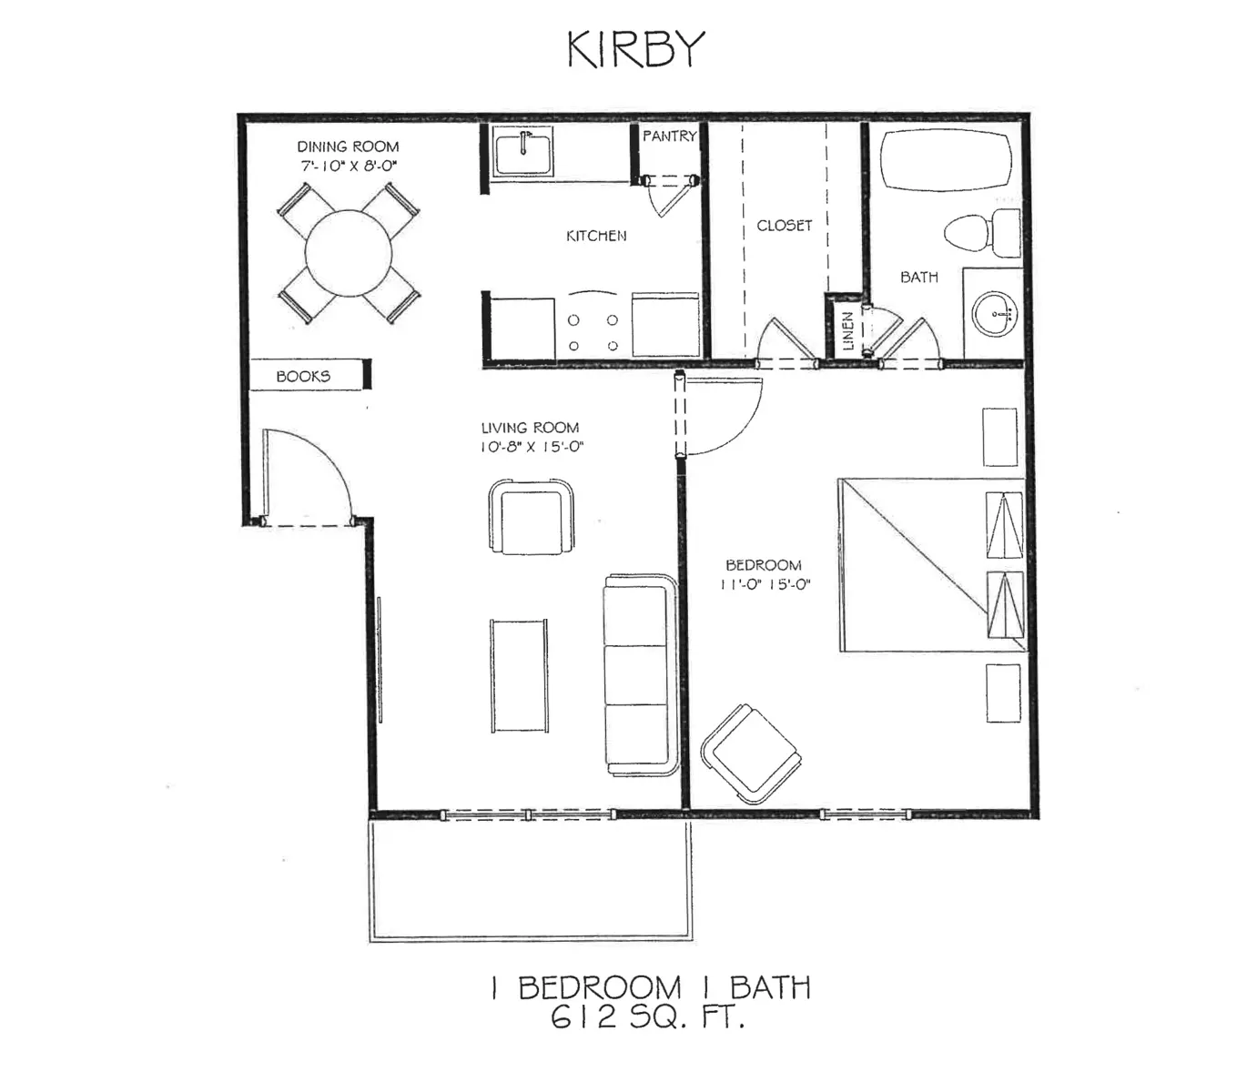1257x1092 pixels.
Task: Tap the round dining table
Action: (349, 253)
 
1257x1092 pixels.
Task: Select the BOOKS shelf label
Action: (303, 376)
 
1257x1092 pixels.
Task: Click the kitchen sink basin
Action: (523, 150)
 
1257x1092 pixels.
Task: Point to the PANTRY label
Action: (669, 136)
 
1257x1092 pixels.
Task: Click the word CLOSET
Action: (784, 225)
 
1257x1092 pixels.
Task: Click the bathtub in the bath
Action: (947, 159)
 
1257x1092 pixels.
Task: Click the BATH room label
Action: (918, 277)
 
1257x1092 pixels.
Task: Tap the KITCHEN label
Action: (596, 236)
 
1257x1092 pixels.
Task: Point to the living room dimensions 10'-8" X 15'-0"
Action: (532, 447)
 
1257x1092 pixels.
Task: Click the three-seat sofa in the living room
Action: (640, 673)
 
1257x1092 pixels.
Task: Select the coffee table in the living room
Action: (520, 675)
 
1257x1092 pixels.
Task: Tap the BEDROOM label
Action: (763, 565)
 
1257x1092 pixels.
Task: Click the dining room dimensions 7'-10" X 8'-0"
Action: (348, 166)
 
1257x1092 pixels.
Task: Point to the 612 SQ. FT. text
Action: (647, 1016)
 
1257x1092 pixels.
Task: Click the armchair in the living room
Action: (532, 517)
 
